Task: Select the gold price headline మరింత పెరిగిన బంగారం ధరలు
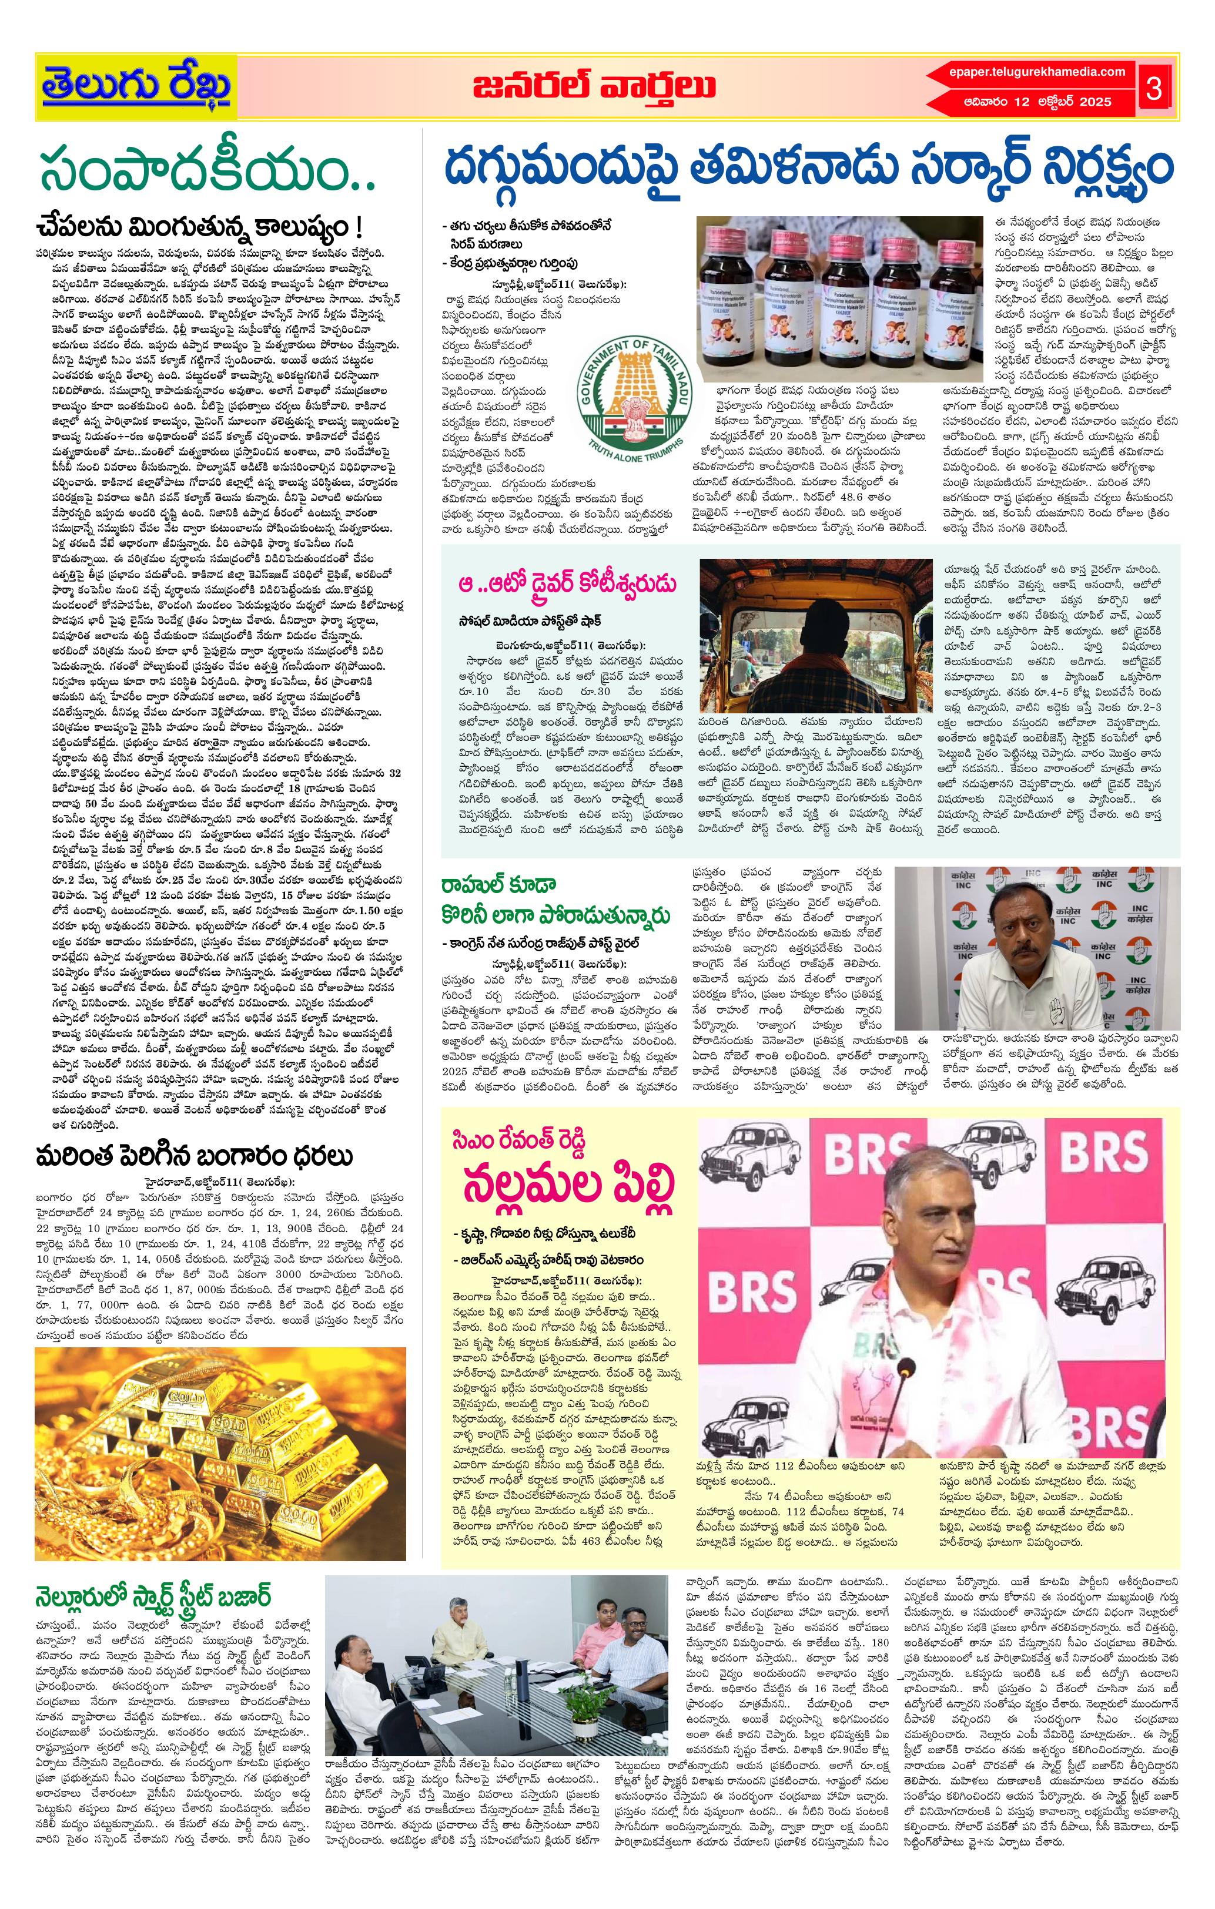click(195, 1157)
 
